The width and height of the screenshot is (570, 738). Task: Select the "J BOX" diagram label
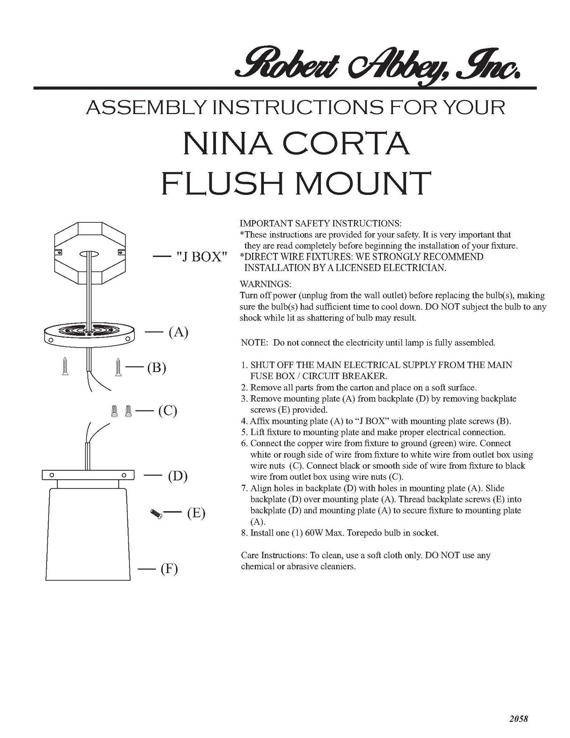click(201, 257)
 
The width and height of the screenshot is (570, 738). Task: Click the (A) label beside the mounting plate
click(178, 333)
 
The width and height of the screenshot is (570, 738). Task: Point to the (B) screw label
click(156, 367)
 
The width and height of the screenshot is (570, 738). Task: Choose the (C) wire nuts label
click(167, 411)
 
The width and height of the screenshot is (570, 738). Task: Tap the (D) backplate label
click(177, 476)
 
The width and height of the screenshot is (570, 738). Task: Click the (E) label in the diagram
click(196, 513)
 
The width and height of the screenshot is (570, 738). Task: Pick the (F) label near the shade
click(169, 569)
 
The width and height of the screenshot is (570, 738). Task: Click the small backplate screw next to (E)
click(155, 514)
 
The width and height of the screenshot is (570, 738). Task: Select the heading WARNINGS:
click(265, 285)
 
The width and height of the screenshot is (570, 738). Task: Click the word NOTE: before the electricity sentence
click(254, 343)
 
